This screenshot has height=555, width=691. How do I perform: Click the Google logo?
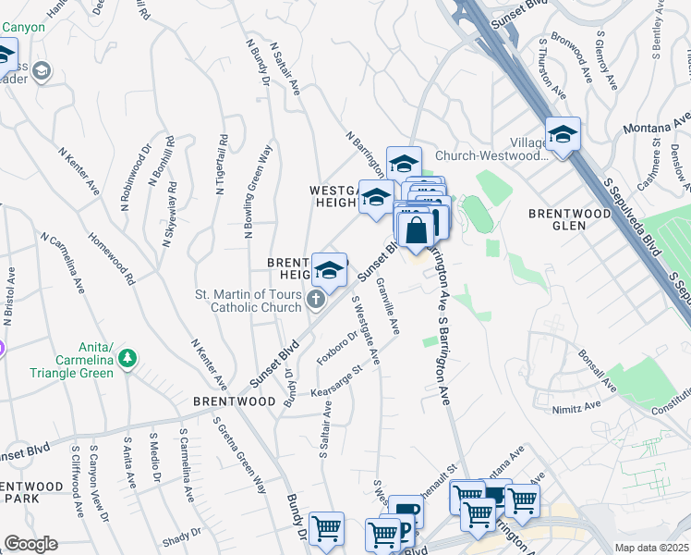pyautogui.click(x=30, y=544)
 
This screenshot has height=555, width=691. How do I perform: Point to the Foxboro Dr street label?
pyautogui.click(x=336, y=349)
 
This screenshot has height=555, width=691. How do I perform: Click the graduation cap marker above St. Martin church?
pyautogui.click(x=329, y=270)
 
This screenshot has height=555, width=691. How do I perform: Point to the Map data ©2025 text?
pyautogui.click(x=651, y=548)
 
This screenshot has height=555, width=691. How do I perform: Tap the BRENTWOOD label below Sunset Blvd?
pyautogui.click(x=234, y=401)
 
